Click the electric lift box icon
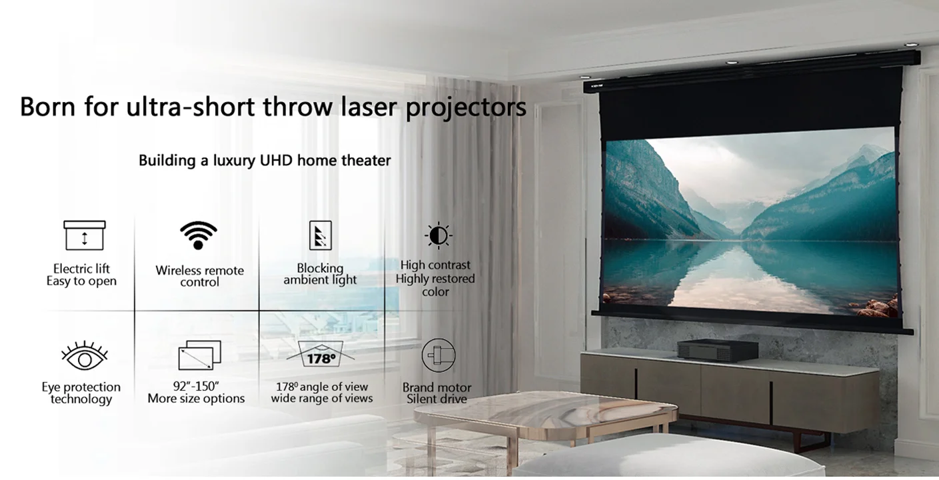click(85, 235)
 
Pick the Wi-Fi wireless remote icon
click(198, 235)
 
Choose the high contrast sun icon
click(438, 235)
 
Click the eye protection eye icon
click(85, 357)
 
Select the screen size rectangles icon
click(199, 356)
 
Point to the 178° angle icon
click(321, 356)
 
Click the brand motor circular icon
click(438, 356)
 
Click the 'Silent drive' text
click(437, 399)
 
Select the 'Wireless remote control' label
click(199, 276)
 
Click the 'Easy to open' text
click(81, 281)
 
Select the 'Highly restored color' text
click(435, 285)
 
